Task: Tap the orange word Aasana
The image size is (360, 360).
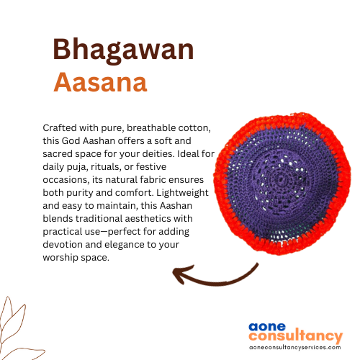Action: point(100,82)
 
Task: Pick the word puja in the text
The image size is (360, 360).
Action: point(76,167)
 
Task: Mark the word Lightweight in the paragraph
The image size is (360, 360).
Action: point(182,193)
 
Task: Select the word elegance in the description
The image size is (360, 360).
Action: point(125,245)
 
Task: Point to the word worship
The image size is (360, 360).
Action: point(60,258)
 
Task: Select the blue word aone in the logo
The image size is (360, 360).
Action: point(267,327)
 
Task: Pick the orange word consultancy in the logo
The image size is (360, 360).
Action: point(296,336)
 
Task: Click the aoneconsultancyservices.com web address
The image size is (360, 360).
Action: point(295,347)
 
